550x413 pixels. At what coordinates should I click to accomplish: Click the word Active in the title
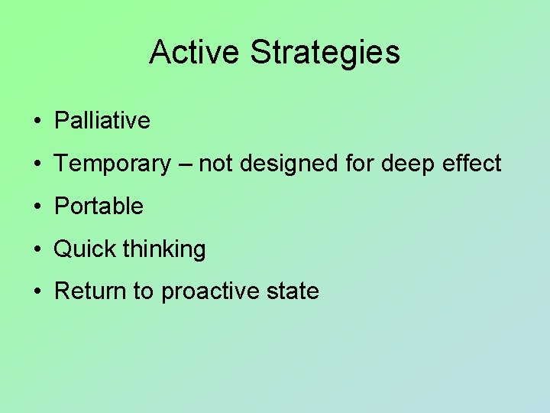click(195, 53)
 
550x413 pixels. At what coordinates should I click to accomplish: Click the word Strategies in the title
click(325, 53)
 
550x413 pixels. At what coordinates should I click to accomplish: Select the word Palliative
click(102, 121)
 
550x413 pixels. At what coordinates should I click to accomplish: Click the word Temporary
click(113, 164)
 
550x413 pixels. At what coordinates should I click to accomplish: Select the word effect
click(472, 164)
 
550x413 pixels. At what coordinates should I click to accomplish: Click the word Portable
click(99, 206)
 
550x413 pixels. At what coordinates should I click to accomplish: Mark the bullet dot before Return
click(37, 292)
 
